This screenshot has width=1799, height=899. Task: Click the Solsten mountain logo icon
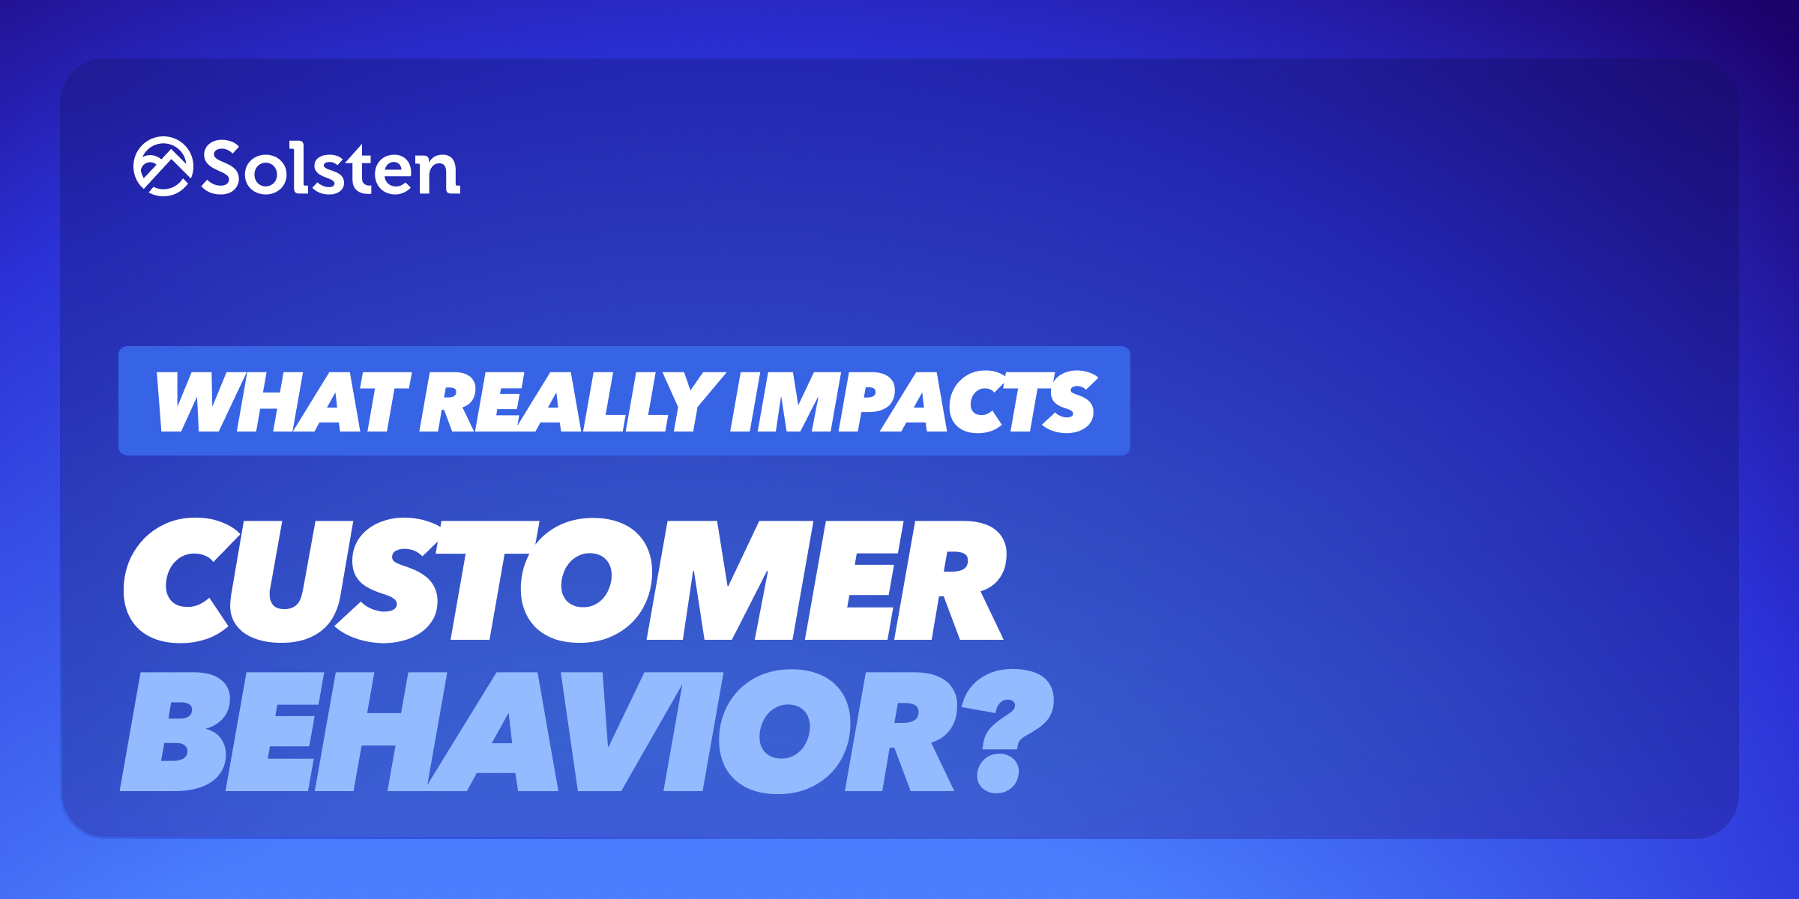(x=163, y=166)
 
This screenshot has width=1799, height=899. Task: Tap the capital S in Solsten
(x=221, y=168)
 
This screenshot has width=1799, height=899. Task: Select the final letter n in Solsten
(x=439, y=172)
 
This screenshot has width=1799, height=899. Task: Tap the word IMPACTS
(x=914, y=402)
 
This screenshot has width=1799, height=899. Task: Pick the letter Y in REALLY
(x=694, y=402)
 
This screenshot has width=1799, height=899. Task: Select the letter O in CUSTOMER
(x=586, y=581)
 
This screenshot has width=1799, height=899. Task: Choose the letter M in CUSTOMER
(x=729, y=581)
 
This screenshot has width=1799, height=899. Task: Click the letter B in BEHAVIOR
(x=175, y=732)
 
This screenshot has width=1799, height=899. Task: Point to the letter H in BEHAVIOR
(x=381, y=732)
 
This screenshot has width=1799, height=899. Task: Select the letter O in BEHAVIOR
(x=784, y=732)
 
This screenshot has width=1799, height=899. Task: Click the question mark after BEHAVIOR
(x=1007, y=730)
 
